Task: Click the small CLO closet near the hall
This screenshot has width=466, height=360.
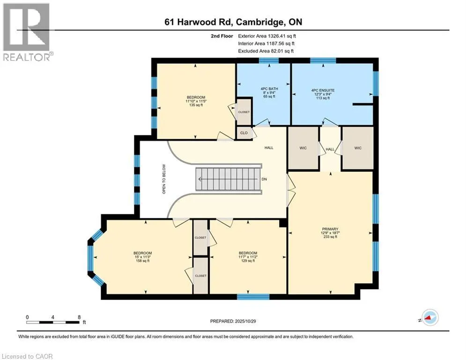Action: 244,133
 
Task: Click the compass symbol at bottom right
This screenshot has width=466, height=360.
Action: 429,318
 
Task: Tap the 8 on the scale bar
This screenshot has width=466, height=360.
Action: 79,317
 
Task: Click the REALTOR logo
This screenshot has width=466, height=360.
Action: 27,32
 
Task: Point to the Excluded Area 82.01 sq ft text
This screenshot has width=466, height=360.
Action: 266,51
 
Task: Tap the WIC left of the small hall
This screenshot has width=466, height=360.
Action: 303,148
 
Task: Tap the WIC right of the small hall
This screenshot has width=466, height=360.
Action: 357,148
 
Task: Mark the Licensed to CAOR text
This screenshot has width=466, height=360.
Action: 28,356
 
